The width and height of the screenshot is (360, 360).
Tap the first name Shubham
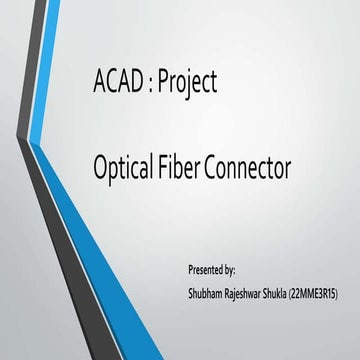pos(205,295)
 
